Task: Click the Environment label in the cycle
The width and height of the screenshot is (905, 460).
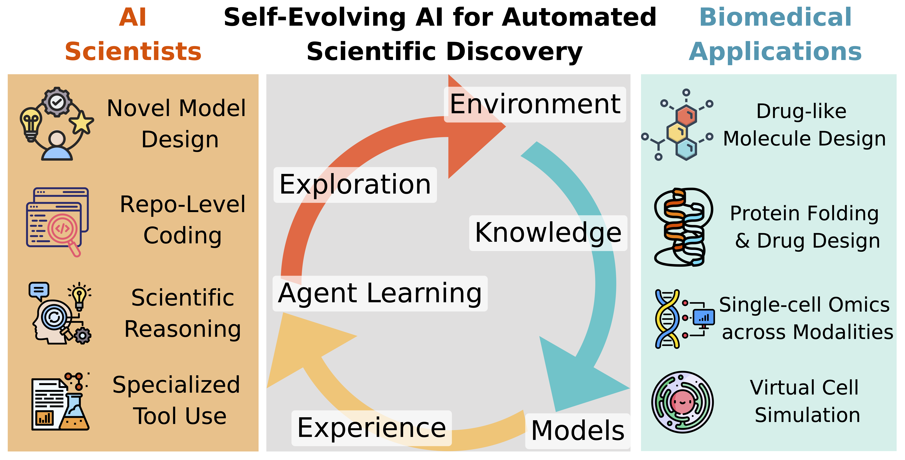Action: pos(535,105)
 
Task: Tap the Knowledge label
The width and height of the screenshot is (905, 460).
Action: pos(548,233)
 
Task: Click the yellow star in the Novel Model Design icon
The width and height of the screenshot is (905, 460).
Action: pos(82,122)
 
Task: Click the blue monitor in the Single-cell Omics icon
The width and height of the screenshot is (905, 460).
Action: pos(704,318)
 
